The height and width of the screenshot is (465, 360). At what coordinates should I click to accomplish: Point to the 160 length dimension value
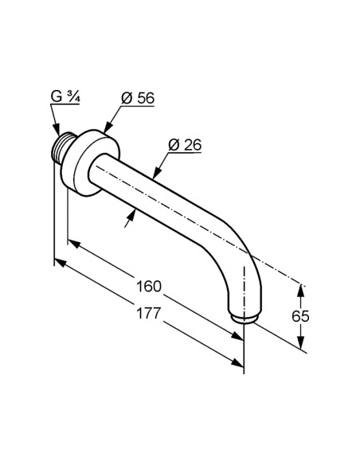click(149, 285)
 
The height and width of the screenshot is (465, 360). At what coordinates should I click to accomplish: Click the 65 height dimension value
click(300, 316)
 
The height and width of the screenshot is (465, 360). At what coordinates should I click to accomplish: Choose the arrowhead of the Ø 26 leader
click(157, 176)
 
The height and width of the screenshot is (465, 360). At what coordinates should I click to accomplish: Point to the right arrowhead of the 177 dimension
click(241, 365)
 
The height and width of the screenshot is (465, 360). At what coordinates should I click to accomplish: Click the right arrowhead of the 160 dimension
click(240, 337)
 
